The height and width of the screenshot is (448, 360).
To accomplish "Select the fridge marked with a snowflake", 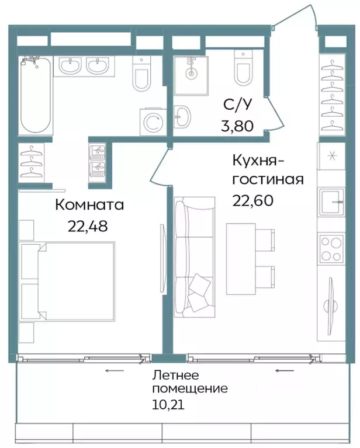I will click(332, 155).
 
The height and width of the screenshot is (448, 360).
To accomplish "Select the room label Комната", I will click(90, 205).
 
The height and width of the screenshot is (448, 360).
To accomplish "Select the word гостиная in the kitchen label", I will click(268, 179).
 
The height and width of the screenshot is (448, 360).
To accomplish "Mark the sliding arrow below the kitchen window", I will click(284, 370).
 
